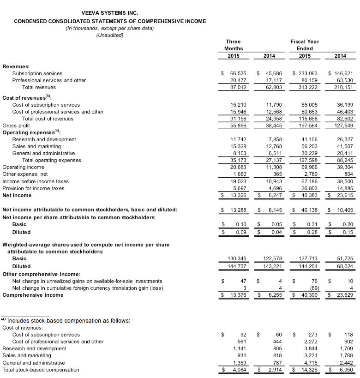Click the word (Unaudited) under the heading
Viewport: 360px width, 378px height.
pyautogui.click(x=109, y=36)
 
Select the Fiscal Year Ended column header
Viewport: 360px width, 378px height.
pyautogui.click(x=305, y=45)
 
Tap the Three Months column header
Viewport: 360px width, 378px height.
pyautogui.click(x=233, y=45)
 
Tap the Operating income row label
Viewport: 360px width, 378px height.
pyautogui.click(x=23, y=167)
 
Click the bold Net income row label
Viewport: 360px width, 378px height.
pyautogui.click(x=17, y=195)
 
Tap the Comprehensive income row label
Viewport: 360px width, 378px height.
pyautogui.click(x=33, y=295)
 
